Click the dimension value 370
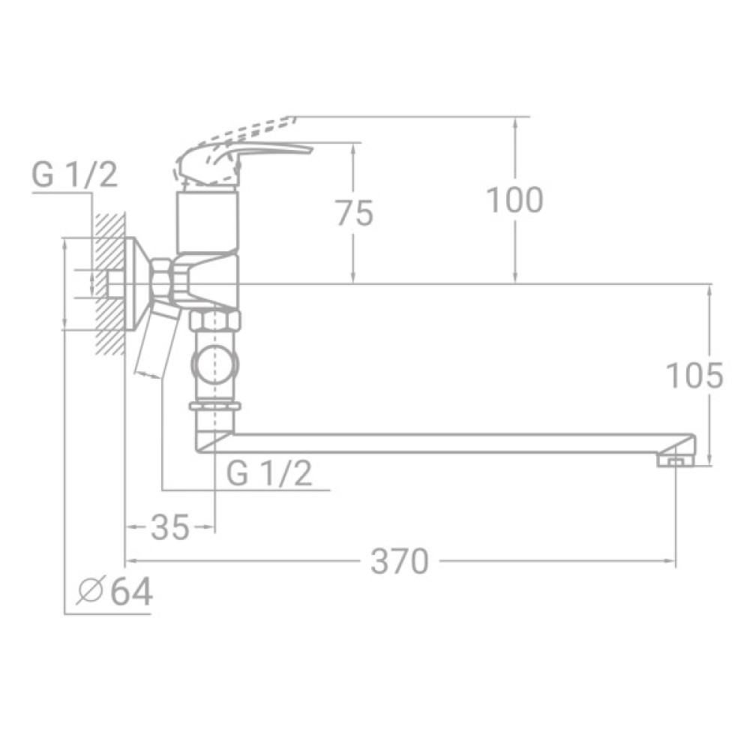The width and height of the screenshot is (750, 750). [x=399, y=561]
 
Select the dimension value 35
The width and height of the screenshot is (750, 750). [x=169, y=528]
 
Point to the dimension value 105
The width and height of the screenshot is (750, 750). [x=695, y=375]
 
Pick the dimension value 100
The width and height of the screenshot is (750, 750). [x=514, y=200]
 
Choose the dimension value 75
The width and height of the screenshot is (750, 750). [x=353, y=214]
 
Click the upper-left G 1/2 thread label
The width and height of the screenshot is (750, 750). [x=74, y=176]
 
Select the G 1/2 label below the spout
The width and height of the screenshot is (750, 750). [x=269, y=474]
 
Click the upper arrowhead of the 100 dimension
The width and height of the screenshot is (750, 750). [x=515, y=123]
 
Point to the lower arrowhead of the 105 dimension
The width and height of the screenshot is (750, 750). [x=709, y=458]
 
